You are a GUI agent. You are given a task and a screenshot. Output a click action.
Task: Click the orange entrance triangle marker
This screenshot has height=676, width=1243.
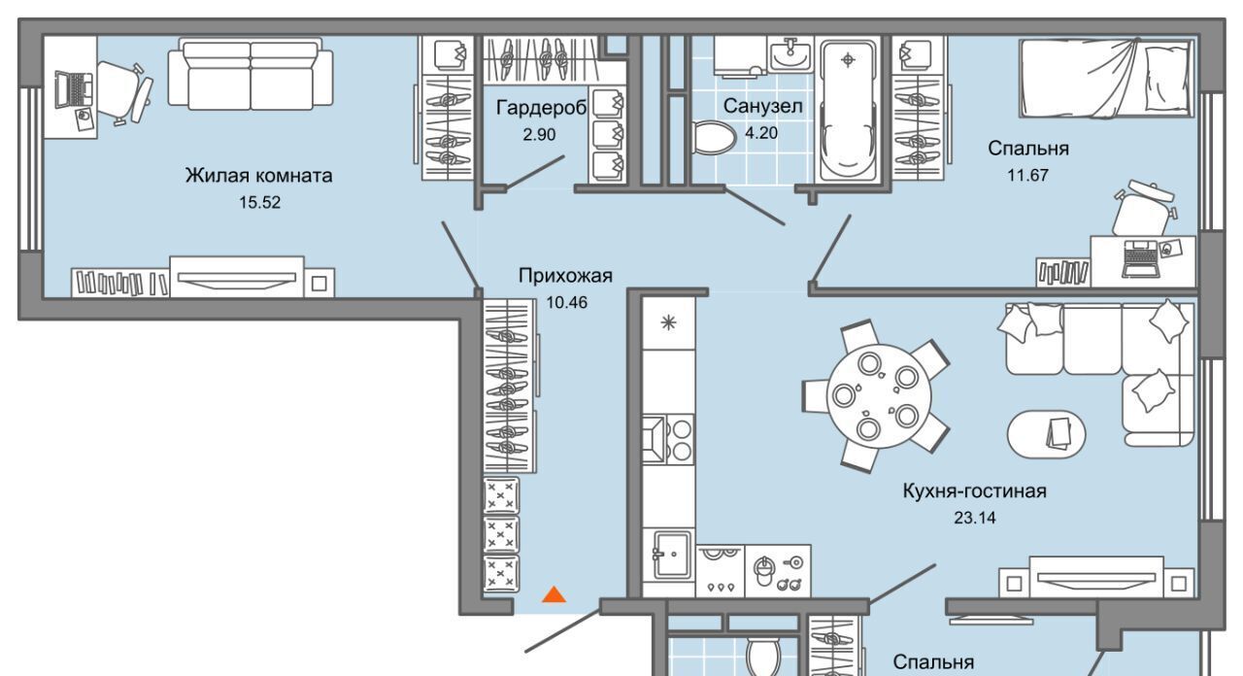(x=554, y=594)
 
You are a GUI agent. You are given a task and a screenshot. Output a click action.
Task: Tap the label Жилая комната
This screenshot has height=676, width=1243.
(x=259, y=176)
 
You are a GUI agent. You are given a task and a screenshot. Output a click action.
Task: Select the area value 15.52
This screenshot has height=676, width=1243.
(x=258, y=203)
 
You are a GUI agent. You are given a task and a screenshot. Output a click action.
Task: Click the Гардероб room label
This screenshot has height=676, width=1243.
(x=541, y=108)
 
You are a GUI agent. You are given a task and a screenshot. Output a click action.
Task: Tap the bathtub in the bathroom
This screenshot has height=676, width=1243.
(x=850, y=108)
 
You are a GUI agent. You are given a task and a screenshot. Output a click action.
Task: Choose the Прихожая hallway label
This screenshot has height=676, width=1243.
(x=565, y=276)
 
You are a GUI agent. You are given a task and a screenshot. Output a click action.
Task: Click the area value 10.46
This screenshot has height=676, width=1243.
(x=565, y=302)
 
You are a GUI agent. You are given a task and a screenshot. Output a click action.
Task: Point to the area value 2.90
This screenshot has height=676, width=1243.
(x=539, y=135)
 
